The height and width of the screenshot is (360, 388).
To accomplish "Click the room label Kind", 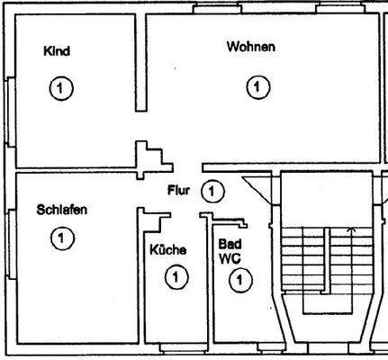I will [56, 51].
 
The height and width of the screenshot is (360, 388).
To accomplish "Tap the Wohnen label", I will [250, 47].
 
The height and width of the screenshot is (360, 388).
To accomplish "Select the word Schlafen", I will [62, 210].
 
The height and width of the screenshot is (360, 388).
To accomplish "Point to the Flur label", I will [178, 190].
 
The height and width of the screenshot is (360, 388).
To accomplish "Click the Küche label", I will [167, 249].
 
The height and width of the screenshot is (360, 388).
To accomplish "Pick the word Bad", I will [229, 244].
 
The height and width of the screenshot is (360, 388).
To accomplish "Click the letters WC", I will [228, 258].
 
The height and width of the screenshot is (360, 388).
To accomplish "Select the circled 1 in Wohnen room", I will [257, 87].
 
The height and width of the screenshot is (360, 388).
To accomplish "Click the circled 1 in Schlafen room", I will [59, 238].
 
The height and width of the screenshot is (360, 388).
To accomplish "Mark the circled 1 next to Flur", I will [211, 191].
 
